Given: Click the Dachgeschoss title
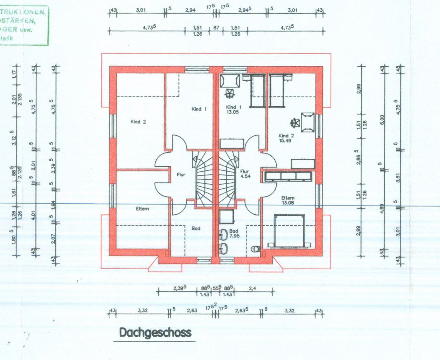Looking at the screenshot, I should (155, 333).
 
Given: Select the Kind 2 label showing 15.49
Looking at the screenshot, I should (286, 138).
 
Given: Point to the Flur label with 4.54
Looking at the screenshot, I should (244, 174).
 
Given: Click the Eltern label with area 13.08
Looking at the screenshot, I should (287, 200).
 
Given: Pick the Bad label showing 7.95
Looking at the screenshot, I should (234, 234).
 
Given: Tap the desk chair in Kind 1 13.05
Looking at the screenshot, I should (230, 93).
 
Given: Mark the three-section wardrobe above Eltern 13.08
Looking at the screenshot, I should (288, 176).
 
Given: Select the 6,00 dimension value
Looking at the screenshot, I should (380, 119).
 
